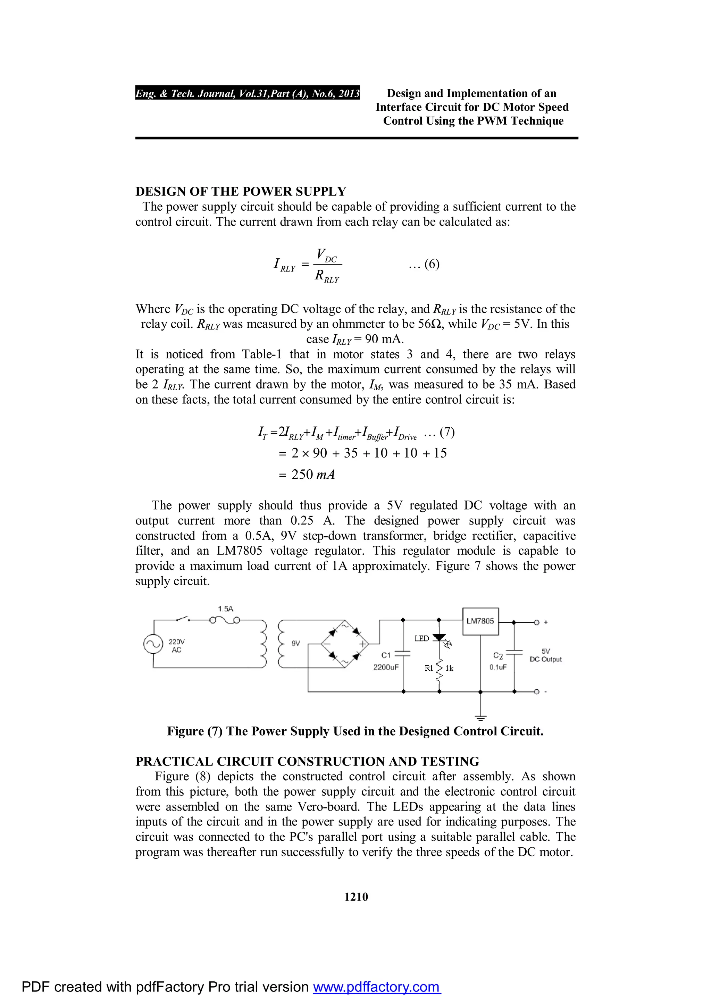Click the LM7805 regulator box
pyautogui.click(x=480, y=621)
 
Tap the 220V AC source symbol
pyautogui.click(x=153, y=644)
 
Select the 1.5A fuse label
pyautogui.click(x=226, y=609)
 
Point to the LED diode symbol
pyautogui.click(x=439, y=638)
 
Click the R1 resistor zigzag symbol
pyautogui.click(x=439, y=668)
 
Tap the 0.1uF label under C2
pyautogui.click(x=498, y=667)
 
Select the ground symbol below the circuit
pyautogui.click(x=480, y=717)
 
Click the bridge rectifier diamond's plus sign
pyautogui.click(x=362, y=644)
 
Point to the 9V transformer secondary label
pyautogui.click(x=296, y=643)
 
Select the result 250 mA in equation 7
pyautogui.click(x=313, y=475)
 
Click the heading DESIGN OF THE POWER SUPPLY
pyautogui.click(x=241, y=192)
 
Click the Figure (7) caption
pyautogui.click(x=355, y=731)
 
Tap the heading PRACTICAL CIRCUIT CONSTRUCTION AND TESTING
pyautogui.click(x=307, y=762)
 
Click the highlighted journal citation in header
pyautogui.click(x=248, y=93)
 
